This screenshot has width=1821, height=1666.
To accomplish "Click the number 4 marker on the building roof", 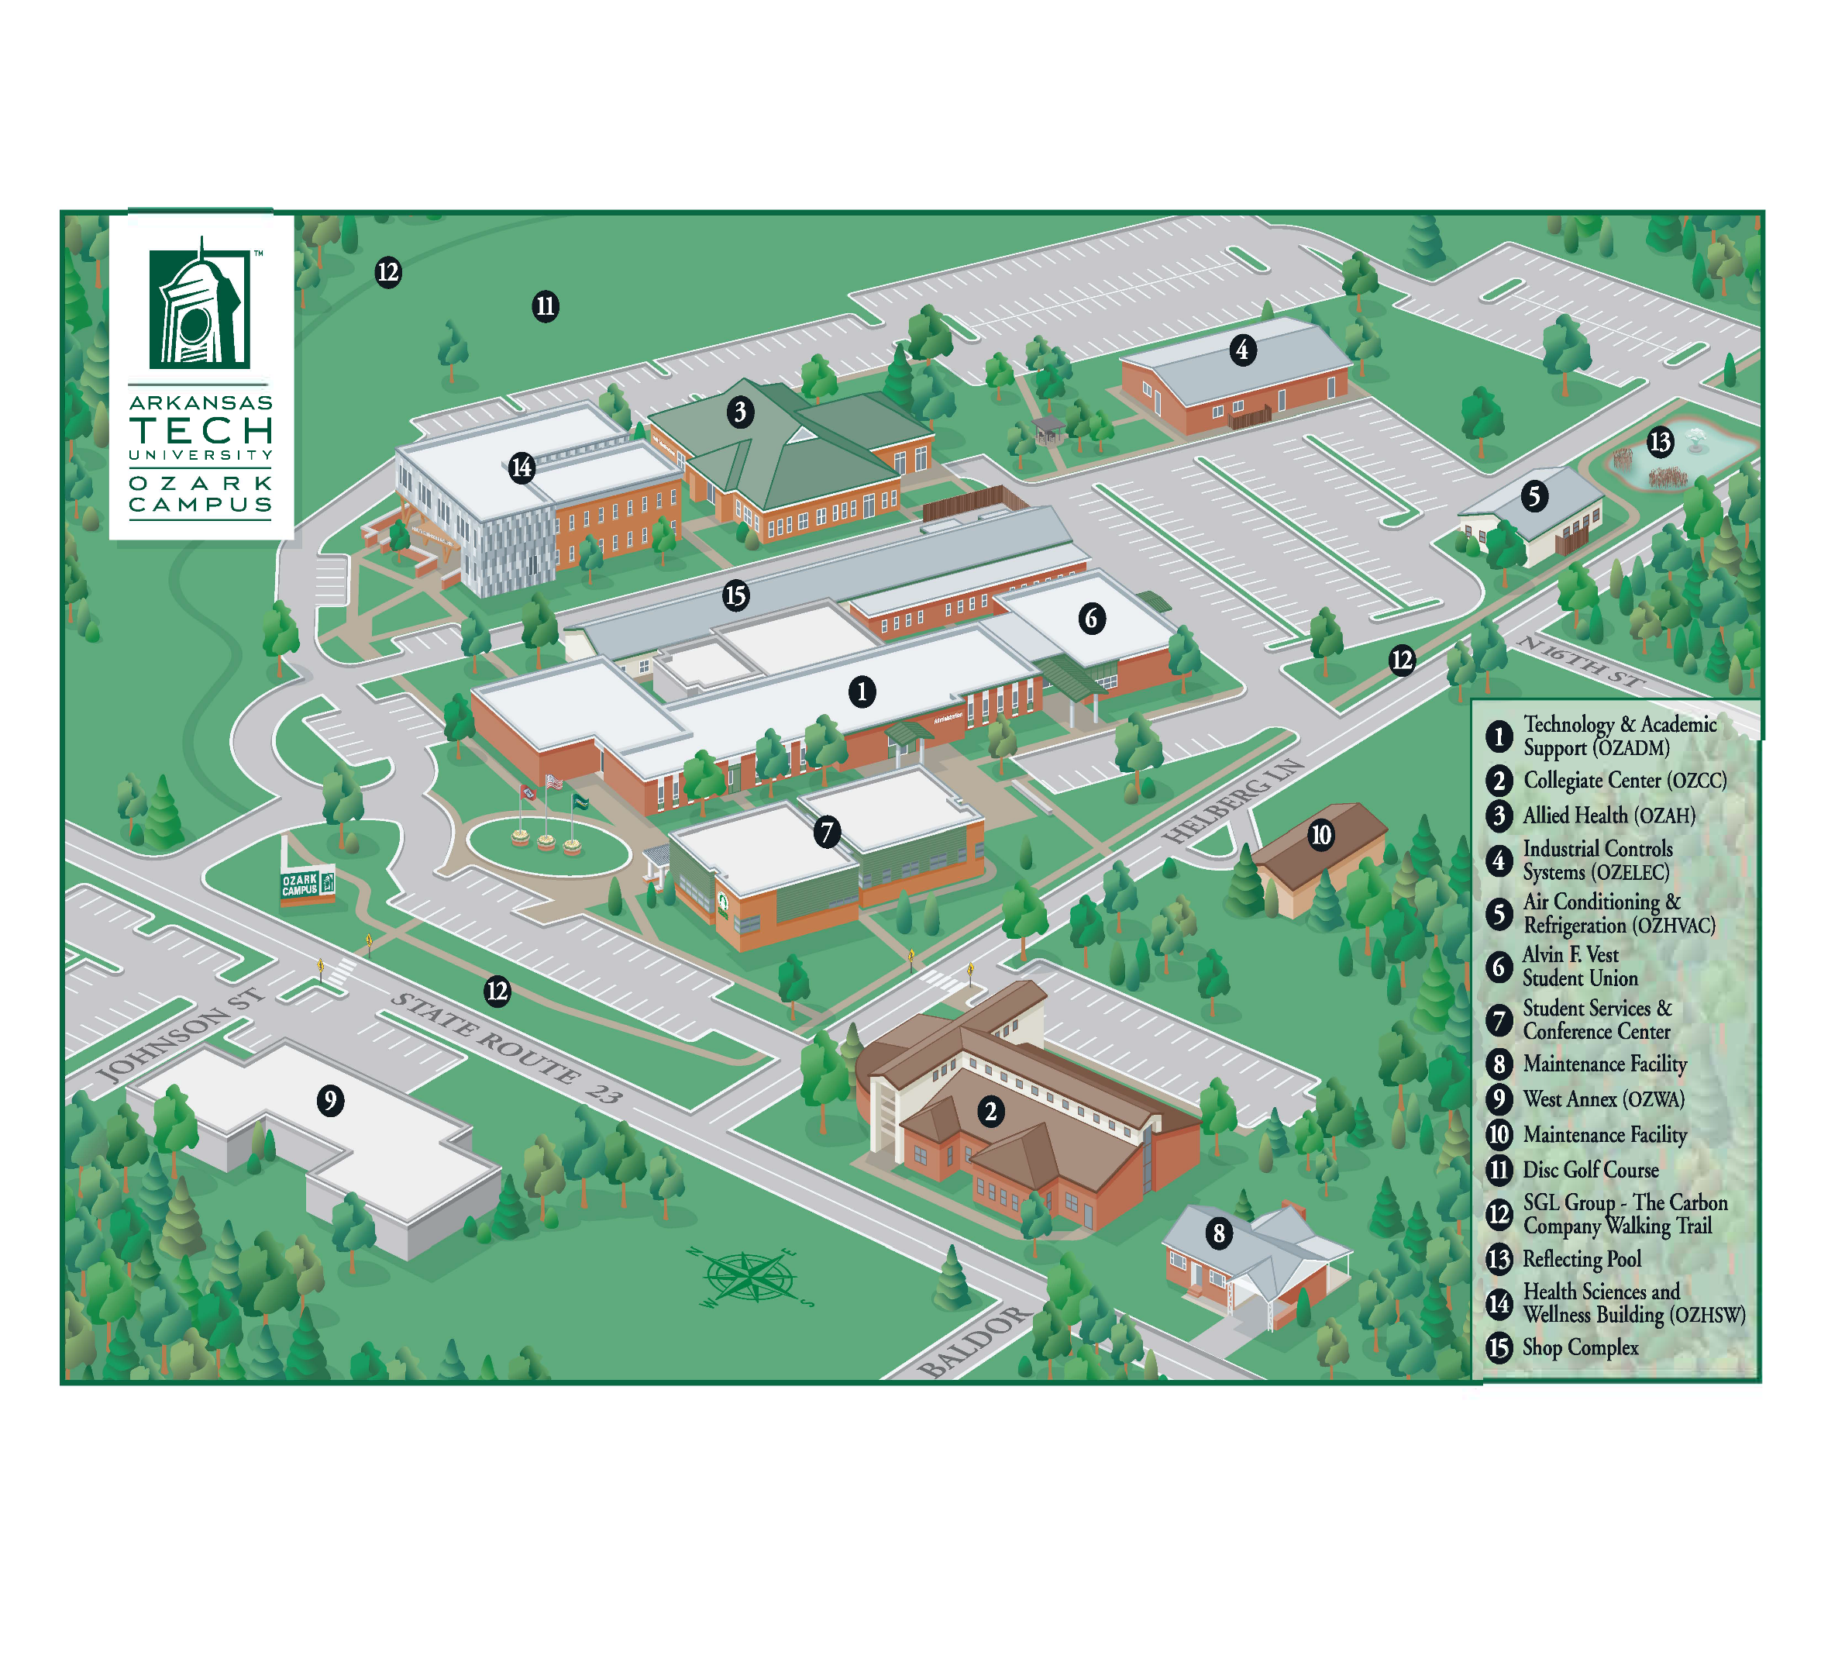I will click(1242, 350).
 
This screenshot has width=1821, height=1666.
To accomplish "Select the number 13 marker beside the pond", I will click(1661, 442).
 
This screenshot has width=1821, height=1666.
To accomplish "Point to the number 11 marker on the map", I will click(545, 306).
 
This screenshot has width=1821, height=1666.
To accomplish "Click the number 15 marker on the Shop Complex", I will click(736, 595).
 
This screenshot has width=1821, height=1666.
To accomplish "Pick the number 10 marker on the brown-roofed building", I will click(1320, 834).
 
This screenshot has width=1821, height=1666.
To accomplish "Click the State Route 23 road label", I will click(507, 1048).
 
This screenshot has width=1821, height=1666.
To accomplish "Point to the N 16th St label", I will click(1581, 663).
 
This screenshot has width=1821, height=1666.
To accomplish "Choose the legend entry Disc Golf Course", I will click(1590, 1170).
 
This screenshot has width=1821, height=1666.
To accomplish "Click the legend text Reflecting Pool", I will click(1581, 1258).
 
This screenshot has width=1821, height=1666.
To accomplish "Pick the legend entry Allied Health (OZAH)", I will click(1608, 816).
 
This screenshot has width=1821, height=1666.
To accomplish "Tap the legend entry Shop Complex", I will click(1580, 1347).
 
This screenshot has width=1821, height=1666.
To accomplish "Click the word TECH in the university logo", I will click(201, 430).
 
